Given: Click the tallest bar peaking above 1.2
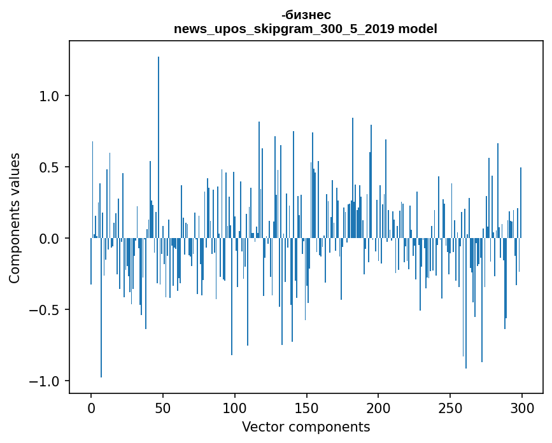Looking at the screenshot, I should pos(159,146).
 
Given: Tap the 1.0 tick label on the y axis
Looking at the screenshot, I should pos(49,96).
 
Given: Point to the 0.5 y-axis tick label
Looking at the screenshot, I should pos(49,167).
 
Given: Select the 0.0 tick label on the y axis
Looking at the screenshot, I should pos(49,239).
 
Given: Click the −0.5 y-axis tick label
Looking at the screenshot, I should pos(45,310).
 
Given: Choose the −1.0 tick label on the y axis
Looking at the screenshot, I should pos(45,381).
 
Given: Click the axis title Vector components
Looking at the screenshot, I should pos(306,426).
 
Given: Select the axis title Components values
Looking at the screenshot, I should pos(15,218).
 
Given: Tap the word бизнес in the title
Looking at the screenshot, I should pos(308,15).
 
